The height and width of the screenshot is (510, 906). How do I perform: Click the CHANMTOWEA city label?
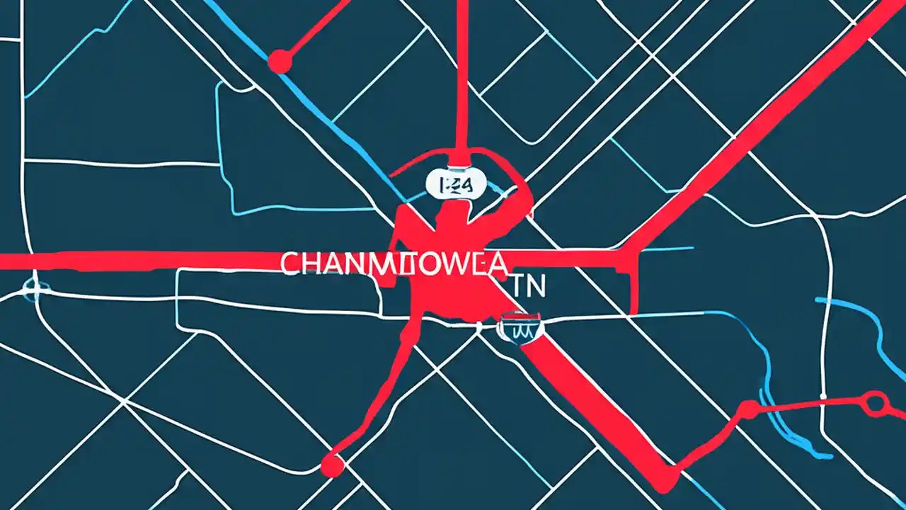394,264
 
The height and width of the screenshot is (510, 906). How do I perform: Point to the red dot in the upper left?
280,62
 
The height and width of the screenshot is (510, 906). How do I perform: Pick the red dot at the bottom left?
332,465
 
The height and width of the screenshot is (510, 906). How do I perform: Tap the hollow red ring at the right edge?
876,402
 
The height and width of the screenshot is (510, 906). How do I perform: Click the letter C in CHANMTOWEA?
290,264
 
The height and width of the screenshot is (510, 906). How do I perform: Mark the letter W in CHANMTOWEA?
446,264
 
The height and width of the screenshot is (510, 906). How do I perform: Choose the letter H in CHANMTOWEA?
311,264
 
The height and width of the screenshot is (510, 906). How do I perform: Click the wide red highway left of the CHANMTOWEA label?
142,260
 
